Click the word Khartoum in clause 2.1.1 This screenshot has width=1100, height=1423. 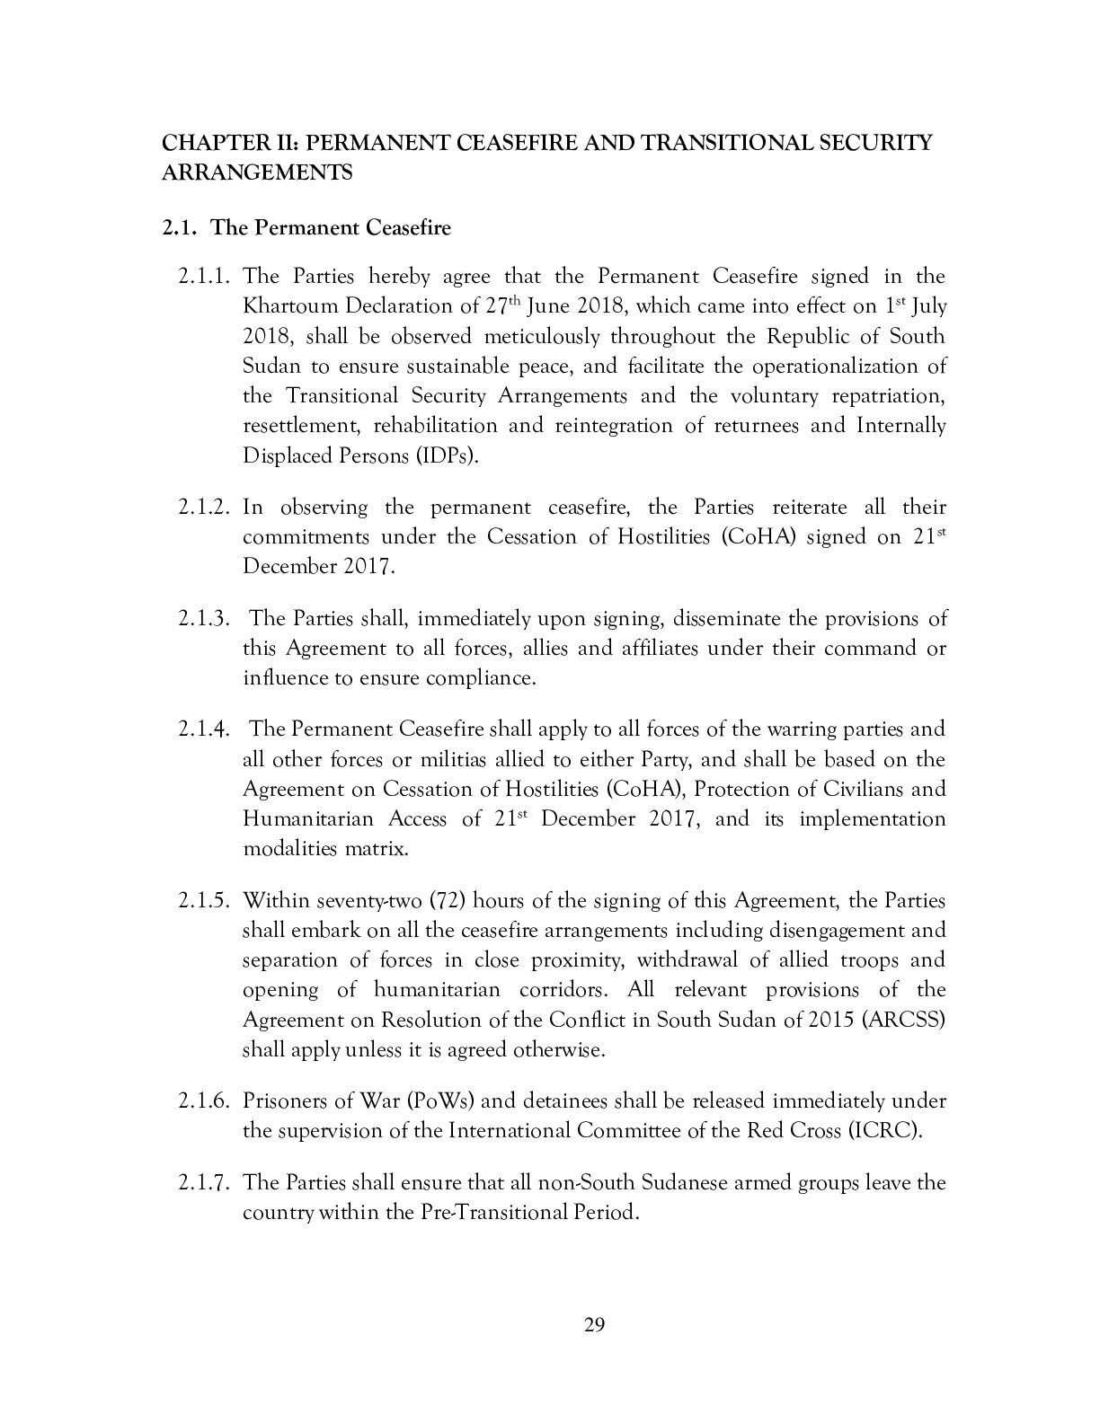pyautogui.click(x=286, y=305)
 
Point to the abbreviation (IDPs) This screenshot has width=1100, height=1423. pyautogui.click(x=446, y=455)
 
